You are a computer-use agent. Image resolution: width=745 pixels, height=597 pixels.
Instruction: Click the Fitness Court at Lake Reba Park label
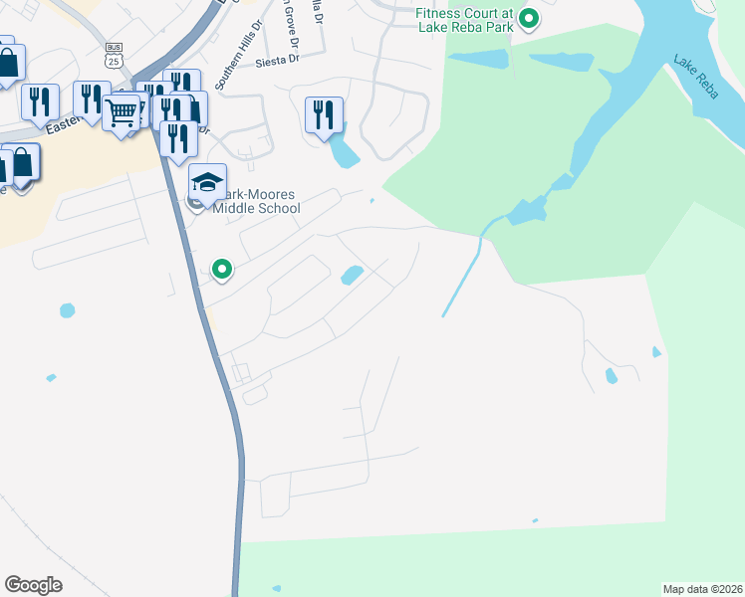click(x=465, y=19)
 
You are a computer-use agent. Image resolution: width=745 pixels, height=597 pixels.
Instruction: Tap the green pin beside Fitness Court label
click(x=530, y=19)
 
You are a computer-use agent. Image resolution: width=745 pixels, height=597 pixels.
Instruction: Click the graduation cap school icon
click(x=207, y=182)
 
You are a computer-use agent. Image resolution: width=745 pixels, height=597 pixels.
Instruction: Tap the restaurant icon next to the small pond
click(x=324, y=114)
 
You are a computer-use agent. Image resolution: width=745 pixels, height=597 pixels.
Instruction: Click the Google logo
click(x=33, y=585)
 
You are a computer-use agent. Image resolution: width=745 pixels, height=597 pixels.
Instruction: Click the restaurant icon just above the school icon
click(x=178, y=138)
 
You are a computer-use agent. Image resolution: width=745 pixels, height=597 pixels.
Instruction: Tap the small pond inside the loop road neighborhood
click(x=352, y=275)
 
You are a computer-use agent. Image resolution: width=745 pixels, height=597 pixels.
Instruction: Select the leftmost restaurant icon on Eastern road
click(x=40, y=101)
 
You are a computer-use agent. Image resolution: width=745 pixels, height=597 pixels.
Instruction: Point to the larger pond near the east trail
click(x=611, y=376)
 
